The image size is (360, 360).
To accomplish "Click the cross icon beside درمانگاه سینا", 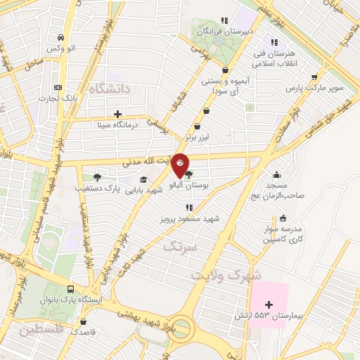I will pyautogui.click(x=117, y=114).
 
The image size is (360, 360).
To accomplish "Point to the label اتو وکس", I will pyautogui.click(x=60, y=48).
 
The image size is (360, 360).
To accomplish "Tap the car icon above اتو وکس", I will pyautogui.click(x=62, y=37).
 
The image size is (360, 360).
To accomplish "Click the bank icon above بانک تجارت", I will pyautogui.click(x=57, y=88).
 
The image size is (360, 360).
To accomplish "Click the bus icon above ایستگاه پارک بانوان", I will pyautogui.click(x=70, y=289).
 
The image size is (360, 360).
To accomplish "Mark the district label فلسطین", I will pyautogui.click(x=43, y=329).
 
